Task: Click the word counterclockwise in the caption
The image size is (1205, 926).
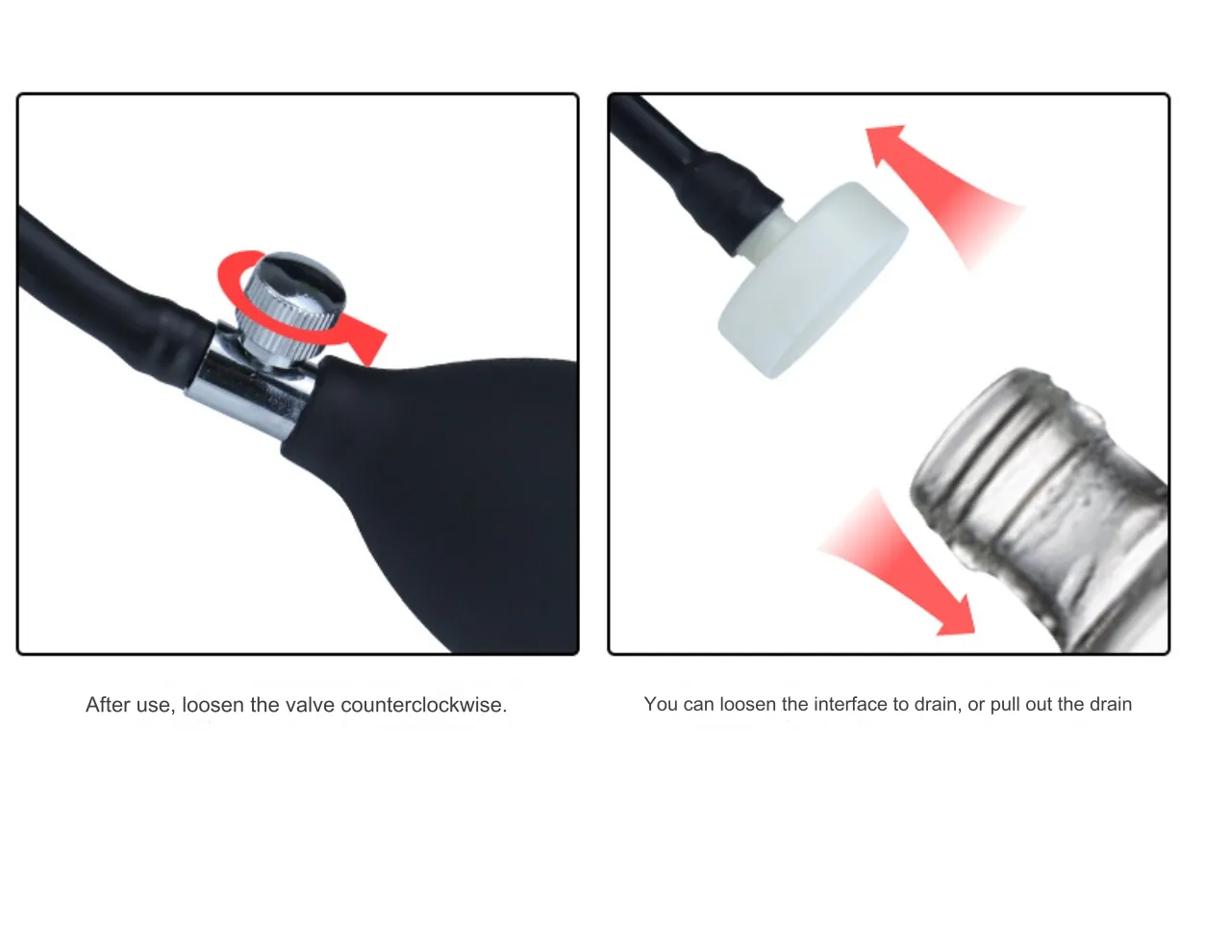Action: (424, 705)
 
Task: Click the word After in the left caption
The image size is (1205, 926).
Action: (108, 705)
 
